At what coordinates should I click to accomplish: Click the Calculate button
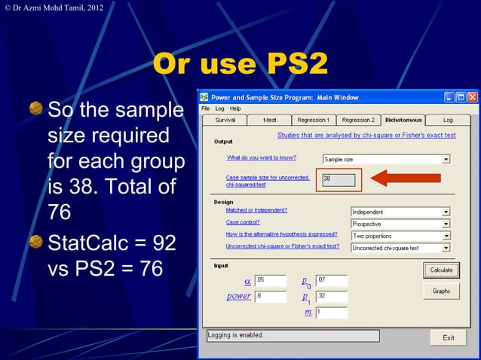pos(441,270)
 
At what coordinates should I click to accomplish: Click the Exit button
pos(448,337)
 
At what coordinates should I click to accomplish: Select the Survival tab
pos(225,120)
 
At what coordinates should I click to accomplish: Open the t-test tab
pos(269,120)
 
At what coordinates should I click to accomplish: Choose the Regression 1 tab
pos(313,120)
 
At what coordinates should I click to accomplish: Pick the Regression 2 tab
pos(357,120)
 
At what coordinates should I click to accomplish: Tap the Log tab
pos(448,120)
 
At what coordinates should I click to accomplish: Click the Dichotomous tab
pos(403,120)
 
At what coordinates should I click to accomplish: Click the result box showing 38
pos(339,179)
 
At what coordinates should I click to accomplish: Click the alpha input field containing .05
pos(271,280)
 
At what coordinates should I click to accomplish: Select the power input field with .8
pos(271,296)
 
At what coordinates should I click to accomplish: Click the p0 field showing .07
pos(331,280)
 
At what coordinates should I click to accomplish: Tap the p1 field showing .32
pos(331,296)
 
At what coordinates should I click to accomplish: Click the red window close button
pos(473,97)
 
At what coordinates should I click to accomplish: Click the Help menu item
pos(235,108)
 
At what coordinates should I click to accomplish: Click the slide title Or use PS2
pos(240,65)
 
